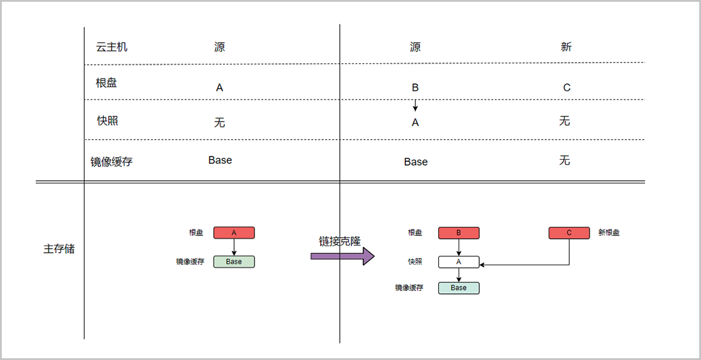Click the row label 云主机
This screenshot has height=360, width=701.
(x=112, y=47)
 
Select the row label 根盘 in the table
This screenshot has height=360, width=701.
(x=106, y=83)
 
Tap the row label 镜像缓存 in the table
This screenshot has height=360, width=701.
(x=111, y=162)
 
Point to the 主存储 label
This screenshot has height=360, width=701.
(x=59, y=249)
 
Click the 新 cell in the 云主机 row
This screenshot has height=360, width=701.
(x=565, y=47)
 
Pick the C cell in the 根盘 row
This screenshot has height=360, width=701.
(x=566, y=88)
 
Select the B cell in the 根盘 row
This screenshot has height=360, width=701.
(x=415, y=88)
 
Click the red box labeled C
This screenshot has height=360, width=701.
(x=569, y=233)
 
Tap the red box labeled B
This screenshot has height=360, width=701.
(x=459, y=233)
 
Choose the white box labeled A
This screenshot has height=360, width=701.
(x=459, y=262)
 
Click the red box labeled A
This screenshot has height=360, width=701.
(x=234, y=233)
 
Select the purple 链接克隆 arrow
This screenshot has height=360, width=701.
(x=342, y=256)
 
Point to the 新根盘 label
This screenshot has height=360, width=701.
(x=609, y=233)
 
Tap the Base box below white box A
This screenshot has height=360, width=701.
(x=459, y=288)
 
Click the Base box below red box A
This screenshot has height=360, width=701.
(x=234, y=262)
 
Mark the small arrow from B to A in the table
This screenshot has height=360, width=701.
(x=415, y=105)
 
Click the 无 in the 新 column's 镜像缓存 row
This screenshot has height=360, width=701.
(x=564, y=160)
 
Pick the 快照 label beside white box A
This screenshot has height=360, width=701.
(x=415, y=262)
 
